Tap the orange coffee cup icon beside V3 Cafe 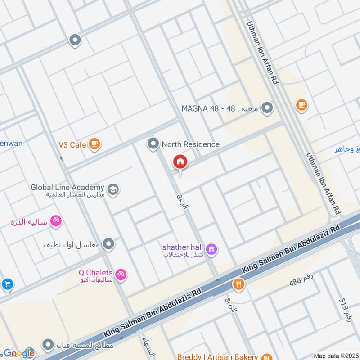[94, 144]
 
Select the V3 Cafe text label [72, 144]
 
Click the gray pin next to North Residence [153, 144]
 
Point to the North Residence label [190, 144]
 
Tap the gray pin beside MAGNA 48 [268, 108]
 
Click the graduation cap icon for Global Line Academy [113, 188]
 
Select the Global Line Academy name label [67, 187]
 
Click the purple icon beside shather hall [211, 248]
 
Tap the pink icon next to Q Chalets [120, 274]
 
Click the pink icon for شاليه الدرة [56, 221]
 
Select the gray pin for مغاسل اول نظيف [108, 244]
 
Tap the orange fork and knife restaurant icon [238, 284]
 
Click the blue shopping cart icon [6, 284]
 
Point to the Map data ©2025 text [336, 355]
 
